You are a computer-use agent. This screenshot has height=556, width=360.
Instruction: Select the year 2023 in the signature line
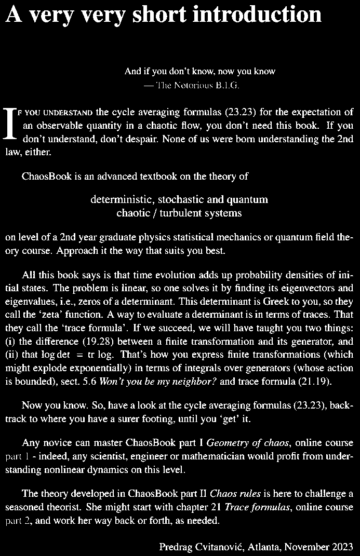(x=343, y=547)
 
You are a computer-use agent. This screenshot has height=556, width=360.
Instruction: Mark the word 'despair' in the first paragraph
(x=129, y=139)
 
